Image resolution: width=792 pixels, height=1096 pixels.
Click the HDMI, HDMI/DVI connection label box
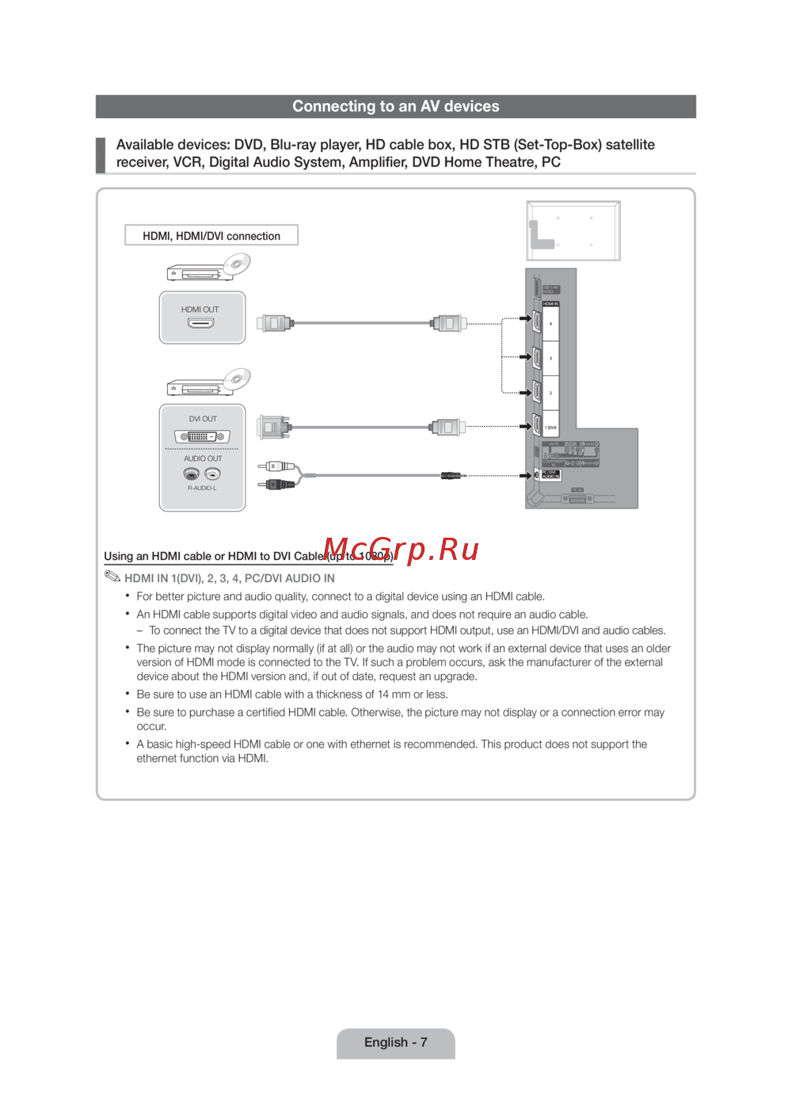[x=211, y=236]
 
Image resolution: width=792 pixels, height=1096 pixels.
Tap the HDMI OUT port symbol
[x=200, y=323]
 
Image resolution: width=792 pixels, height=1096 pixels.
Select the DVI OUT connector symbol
[x=202, y=436]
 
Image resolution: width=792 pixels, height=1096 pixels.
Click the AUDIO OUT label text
[x=203, y=459]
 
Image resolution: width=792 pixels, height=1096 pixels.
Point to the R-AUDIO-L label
[x=202, y=488]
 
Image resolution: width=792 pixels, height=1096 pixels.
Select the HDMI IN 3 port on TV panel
[x=538, y=358]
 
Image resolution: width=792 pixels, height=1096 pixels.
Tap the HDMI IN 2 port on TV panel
[x=538, y=392]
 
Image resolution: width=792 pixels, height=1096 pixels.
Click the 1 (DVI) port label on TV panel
[x=550, y=428]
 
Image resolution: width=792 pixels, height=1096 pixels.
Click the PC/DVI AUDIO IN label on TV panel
[x=550, y=474]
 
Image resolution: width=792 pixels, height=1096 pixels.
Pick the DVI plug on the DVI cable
[x=273, y=428]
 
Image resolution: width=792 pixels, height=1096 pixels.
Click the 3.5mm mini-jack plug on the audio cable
[x=451, y=476]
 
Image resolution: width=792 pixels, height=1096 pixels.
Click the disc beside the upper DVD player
[x=236, y=264]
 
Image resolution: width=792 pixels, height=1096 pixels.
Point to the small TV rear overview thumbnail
[x=573, y=230]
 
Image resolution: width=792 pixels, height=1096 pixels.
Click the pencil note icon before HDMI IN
[x=112, y=577]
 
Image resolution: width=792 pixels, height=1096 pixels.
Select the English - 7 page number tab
[x=396, y=1043]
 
